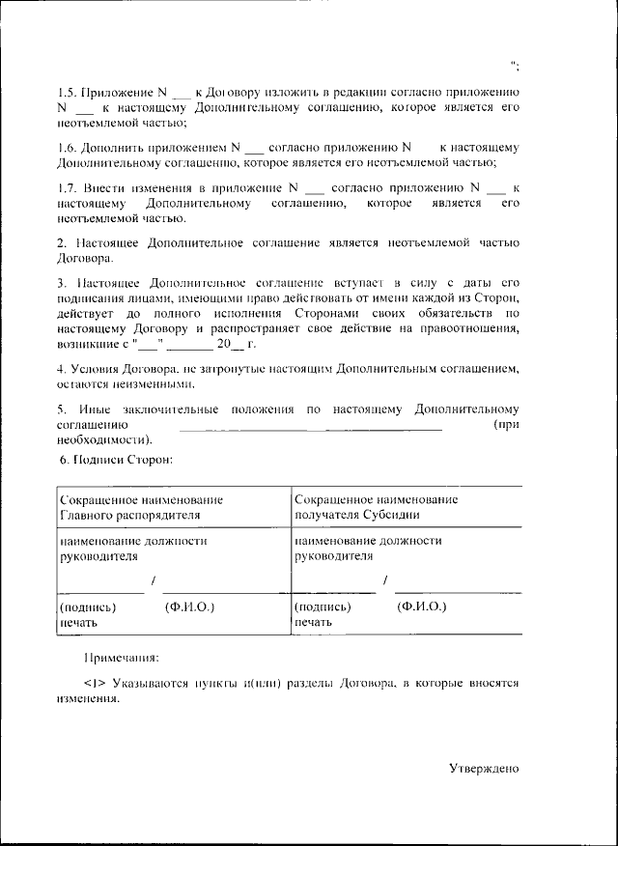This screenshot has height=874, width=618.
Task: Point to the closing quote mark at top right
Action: point(517,66)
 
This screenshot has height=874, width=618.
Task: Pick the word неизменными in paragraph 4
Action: point(156,382)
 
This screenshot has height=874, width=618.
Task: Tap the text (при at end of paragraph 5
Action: point(506,425)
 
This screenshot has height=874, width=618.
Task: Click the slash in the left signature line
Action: point(153,581)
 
